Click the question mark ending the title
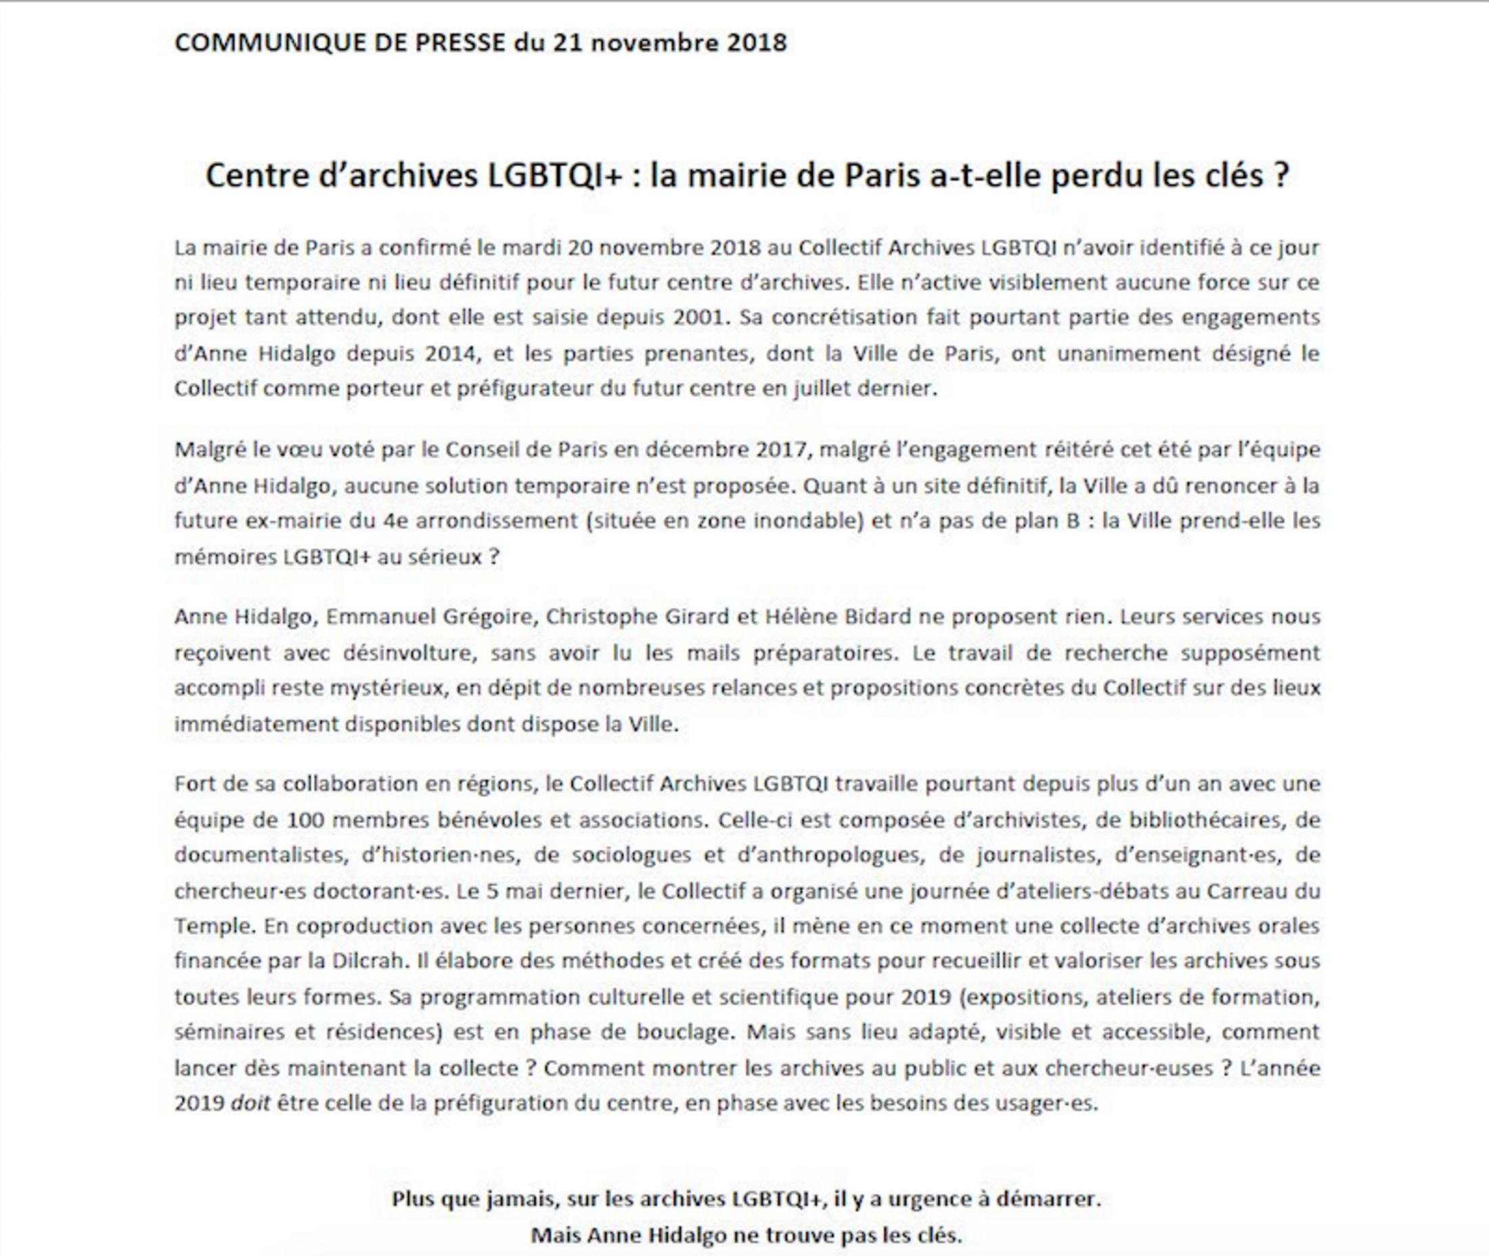[1282, 176]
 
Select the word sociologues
[631, 855]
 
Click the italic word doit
[250, 1104]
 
